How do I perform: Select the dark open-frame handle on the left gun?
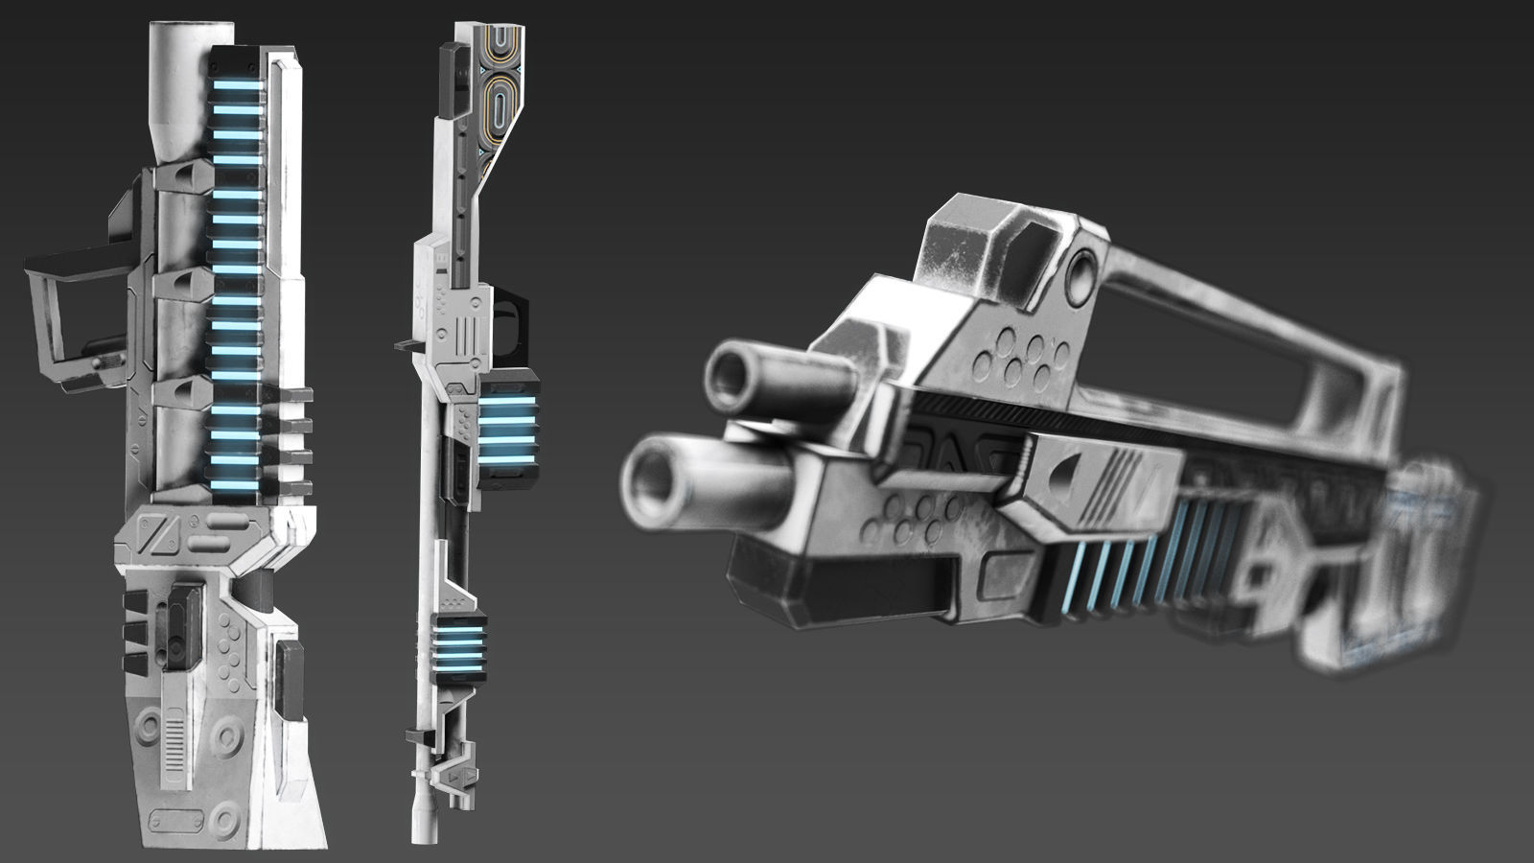point(77,307)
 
